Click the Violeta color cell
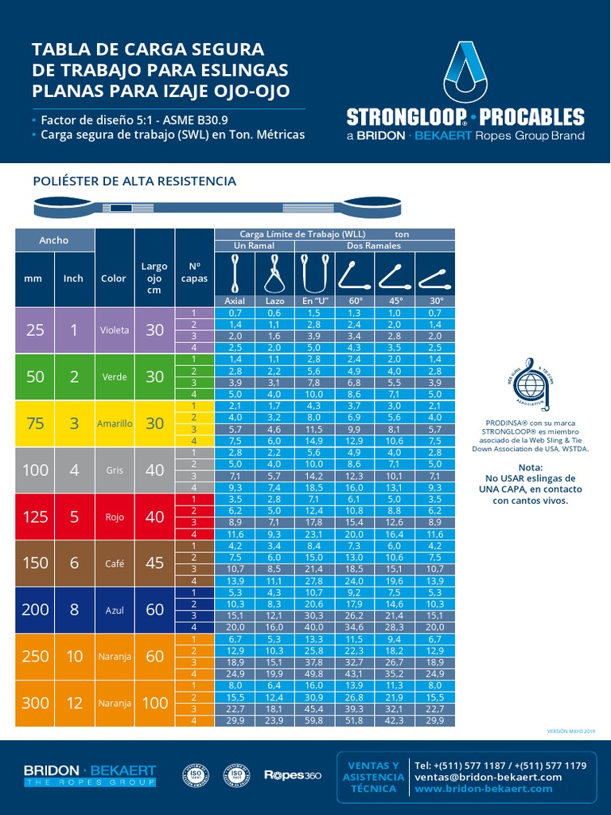coord(114,330)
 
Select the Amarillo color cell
coord(114,423)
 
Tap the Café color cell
coord(114,563)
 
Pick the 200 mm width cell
coord(35,610)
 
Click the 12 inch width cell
coord(74,703)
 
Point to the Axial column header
coord(235,301)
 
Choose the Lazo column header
coord(274,301)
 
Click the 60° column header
coord(355,301)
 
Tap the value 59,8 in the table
coord(315,720)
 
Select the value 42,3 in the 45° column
coord(395,720)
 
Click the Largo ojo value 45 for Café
coord(154,563)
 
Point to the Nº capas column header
coord(194,272)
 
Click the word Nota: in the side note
coord(530,467)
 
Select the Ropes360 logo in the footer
coord(292,774)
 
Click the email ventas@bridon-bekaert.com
coord(488,777)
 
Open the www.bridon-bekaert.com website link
coord(483,788)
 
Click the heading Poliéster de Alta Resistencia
coord(134,181)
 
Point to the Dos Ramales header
coord(375,246)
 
